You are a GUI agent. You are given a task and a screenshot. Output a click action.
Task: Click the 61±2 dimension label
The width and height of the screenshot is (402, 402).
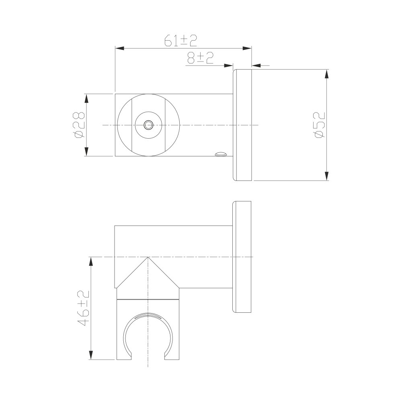[x=180, y=41]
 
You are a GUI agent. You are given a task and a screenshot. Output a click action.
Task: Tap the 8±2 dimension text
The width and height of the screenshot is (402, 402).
[x=201, y=57]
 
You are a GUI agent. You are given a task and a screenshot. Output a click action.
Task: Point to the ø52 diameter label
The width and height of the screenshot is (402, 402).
[x=320, y=125]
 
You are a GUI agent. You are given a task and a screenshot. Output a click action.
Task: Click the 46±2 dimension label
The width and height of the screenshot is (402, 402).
[x=84, y=308]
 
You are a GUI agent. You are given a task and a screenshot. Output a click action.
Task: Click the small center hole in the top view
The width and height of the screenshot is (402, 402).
[x=148, y=125]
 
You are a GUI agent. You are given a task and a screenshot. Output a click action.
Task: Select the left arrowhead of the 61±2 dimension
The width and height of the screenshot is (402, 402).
[x=120, y=48]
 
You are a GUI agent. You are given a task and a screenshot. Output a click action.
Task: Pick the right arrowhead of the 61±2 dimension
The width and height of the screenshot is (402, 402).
[x=247, y=48]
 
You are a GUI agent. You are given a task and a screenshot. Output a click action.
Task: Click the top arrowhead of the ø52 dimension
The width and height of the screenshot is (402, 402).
[x=326, y=74]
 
